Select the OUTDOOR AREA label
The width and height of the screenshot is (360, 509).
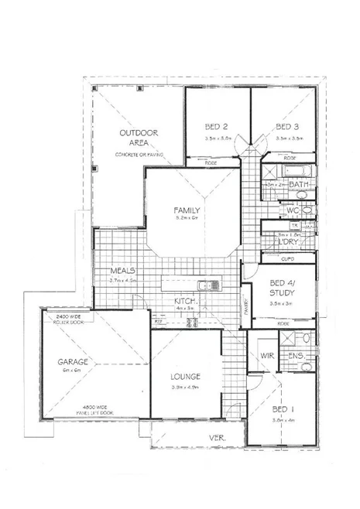click(139, 138)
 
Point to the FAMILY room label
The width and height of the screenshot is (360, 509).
click(187, 210)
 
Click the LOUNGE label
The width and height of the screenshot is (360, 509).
click(186, 377)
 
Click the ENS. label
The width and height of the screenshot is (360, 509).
click(296, 356)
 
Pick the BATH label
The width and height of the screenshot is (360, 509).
click(299, 185)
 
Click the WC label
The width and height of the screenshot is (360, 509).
click(293, 210)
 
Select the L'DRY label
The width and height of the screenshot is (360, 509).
click(287, 242)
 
